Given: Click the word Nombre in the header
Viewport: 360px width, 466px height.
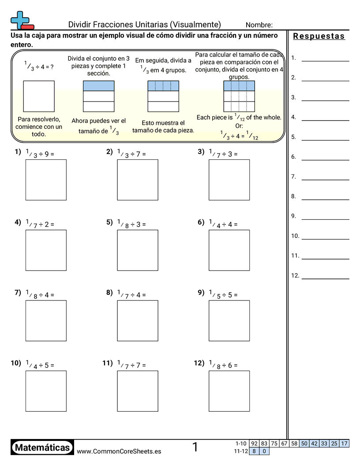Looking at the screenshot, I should coord(259,25).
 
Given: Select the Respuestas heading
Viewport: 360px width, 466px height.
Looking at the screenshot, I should coord(319,36).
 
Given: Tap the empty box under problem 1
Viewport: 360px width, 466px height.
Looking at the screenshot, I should coord(46,180).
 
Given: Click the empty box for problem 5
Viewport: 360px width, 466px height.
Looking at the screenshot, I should coord(137,250).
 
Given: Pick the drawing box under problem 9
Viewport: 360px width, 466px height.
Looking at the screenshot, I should coord(229,320).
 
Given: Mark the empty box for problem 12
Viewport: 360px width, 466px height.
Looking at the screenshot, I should coord(229,391).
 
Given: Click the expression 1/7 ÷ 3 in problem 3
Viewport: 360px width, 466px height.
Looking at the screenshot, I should coord(223,154).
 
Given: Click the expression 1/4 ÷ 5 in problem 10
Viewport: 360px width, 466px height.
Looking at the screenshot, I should coord(40,365).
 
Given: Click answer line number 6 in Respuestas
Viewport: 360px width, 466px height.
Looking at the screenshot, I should coord(325,160).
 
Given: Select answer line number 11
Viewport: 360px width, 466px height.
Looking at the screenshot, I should coord(325,259).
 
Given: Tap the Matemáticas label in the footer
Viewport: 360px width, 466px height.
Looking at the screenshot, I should coord(42,448).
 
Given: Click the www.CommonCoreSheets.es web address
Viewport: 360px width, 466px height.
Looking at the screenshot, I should coord(119,451).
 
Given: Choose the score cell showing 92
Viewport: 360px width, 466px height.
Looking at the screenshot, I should coord(254,443).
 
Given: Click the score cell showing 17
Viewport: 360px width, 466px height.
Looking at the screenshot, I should coord(344,443).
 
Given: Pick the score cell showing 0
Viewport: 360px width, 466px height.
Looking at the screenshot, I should coord(264,451).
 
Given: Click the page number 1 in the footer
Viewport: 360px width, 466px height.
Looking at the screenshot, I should coord(195,447).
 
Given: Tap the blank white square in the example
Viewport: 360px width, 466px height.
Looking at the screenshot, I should coord(39,96).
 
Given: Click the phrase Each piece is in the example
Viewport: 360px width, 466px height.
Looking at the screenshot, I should coord(214,117).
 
